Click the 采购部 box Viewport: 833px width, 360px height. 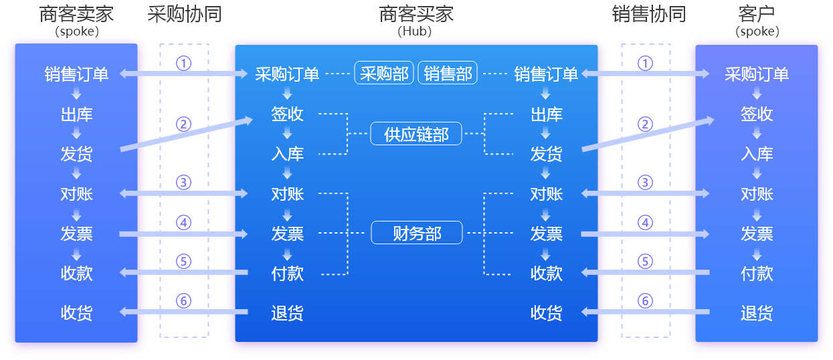[384, 74]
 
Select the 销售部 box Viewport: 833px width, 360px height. [448, 74]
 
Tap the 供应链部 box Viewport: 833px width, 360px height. [416, 134]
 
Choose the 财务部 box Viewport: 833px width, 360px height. [416, 233]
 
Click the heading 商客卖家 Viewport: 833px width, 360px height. [76, 15]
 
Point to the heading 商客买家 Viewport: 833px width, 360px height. [416, 15]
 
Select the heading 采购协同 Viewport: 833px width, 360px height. [184, 15]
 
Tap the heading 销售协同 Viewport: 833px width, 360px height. [648, 15]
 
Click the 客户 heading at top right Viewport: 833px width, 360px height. [757, 15]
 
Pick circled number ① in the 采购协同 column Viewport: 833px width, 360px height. [183, 63]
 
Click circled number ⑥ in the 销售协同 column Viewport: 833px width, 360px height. [645, 301]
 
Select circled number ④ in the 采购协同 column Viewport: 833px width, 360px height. [183, 222]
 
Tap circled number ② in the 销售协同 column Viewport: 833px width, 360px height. [645, 124]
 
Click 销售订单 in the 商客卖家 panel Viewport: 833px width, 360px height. [76, 74]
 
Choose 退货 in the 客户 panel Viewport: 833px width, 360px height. [757, 312]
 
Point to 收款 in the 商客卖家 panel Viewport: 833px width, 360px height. [76, 273]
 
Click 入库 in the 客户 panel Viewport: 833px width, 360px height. [757, 154]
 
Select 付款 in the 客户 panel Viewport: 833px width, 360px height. [757, 273]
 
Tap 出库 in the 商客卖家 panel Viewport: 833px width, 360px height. [76, 114]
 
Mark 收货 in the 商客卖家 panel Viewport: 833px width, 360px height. [76, 312]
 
